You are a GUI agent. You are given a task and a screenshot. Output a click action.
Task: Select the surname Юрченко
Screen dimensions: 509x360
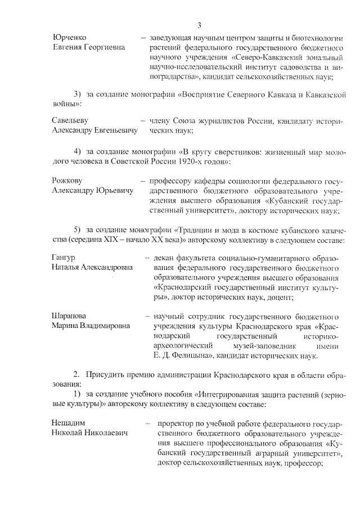(x=69, y=37)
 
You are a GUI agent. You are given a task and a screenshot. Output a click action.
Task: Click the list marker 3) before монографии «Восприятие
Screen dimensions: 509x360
(x=78, y=94)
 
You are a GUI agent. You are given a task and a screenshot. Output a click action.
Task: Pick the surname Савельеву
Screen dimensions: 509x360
(x=70, y=120)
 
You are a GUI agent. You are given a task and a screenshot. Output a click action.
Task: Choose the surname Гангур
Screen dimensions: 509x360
(x=64, y=258)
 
